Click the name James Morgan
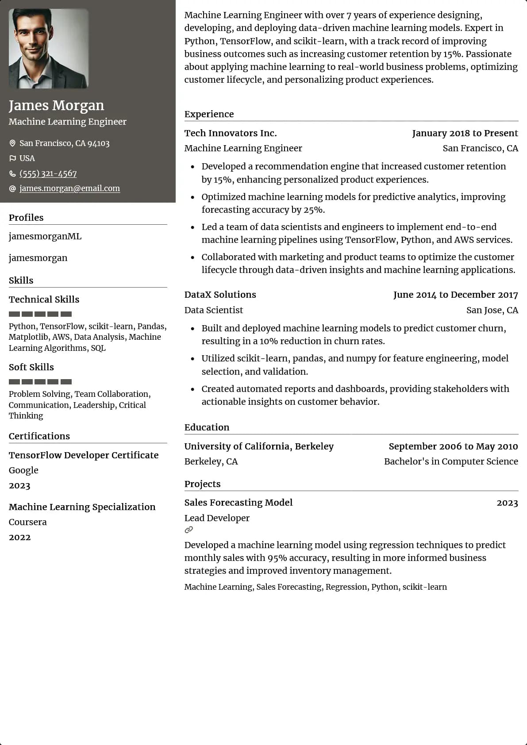point(56,105)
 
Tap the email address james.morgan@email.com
point(69,188)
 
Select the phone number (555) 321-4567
point(48,173)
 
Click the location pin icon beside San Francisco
point(12,143)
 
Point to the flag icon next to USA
point(12,158)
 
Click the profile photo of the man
point(49,49)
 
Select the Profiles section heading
point(26,218)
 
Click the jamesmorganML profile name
point(45,236)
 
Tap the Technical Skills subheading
point(44,300)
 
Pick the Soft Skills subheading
point(31,367)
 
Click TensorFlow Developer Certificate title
point(84,455)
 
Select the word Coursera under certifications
point(27,522)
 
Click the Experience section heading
point(209,114)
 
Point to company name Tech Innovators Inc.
point(231,133)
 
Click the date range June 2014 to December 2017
point(455,295)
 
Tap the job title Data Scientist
point(213,310)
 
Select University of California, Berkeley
point(259,446)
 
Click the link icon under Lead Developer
point(189,530)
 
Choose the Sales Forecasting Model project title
point(238,503)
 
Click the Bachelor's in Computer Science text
point(451,461)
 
